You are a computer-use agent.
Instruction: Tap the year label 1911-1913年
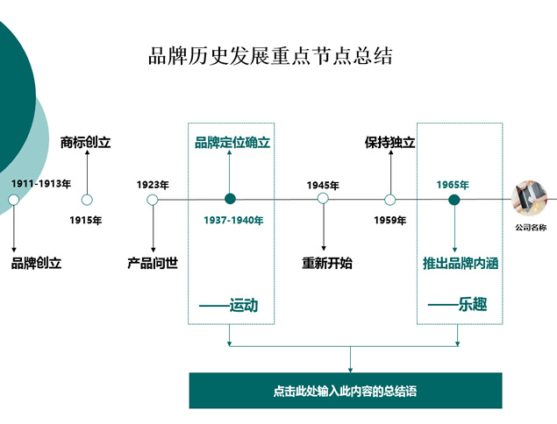tap(41, 185)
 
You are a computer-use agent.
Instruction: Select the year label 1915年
tap(86, 221)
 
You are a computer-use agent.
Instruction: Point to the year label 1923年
tap(153, 185)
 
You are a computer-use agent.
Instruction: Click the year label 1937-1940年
tap(233, 221)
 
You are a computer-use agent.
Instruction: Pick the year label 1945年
tap(323, 185)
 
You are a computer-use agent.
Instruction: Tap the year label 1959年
tap(390, 221)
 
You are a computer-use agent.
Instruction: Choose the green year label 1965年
tap(453, 185)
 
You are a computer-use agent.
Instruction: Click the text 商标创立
tap(86, 142)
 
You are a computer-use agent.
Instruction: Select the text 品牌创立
tap(37, 263)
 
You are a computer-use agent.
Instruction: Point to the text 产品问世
tap(153, 263)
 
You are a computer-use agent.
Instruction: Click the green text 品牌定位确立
tap(232, 142)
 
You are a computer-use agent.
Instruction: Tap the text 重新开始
tap(327, 263)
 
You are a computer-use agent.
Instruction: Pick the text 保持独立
tap(390, 142)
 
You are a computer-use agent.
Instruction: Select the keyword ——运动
tap(231, 305)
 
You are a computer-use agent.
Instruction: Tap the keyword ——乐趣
tap(458, 305)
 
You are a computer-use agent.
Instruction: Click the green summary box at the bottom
tap(346, 391)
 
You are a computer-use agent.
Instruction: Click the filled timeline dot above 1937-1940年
tap(231, 200)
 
